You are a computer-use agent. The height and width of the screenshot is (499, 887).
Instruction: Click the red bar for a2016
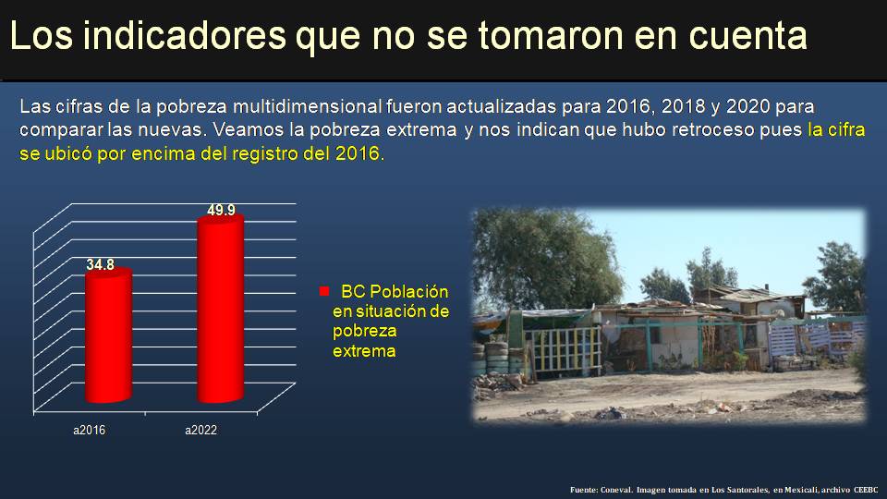pyautogui.click(x=109, y=337)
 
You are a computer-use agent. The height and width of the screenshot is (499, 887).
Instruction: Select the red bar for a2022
pyautogui.click(x=220, y=310)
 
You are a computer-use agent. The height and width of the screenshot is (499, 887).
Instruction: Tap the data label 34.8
pyautogui.click(x=101, y=265)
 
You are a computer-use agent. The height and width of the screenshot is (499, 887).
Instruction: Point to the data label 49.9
pyautogui.click(x=221, y=210)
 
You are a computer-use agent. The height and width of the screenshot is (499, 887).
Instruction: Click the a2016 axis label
pyautogui.click(x=90, y=431)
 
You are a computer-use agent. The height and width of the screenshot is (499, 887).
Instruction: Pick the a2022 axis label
pyautogui.click(x=200, y=431)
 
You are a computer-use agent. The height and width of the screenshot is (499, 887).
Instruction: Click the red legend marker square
pyautogui.click(x=324, y=290)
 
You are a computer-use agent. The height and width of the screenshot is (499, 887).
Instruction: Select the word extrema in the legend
pyautogui.click(x=363, y=351)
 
